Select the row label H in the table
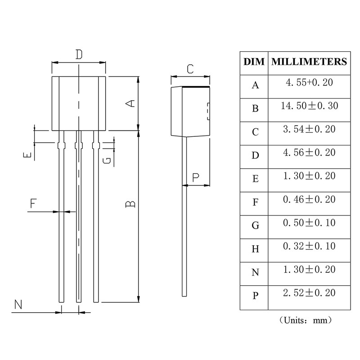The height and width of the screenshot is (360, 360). [255, 249]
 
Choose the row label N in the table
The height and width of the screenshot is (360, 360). [255, 273]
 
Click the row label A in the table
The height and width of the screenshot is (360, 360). [255, 85]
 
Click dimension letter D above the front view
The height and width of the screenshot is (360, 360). [79, 55]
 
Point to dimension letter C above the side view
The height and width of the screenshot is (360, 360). [190, 69]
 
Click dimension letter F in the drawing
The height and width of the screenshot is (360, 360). [33, 203]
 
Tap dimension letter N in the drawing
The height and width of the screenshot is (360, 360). [18, 305]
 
